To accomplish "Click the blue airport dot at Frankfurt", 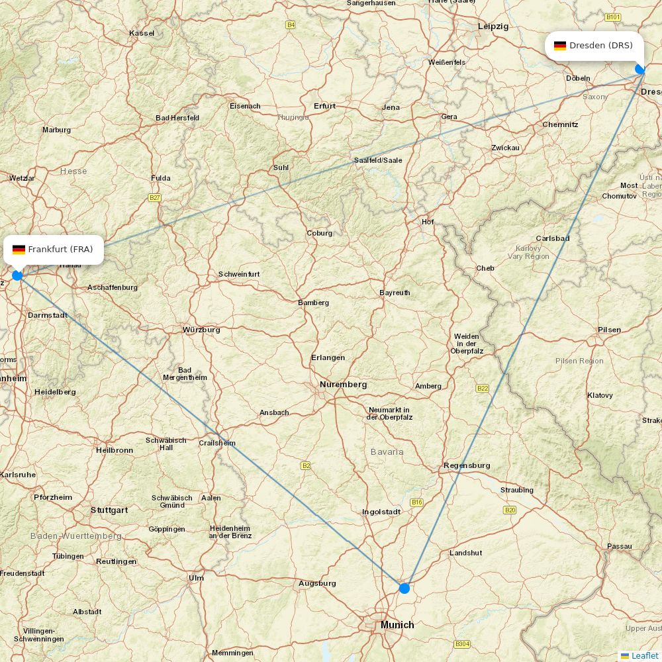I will pos(17,275).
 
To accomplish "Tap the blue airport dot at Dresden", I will pos(639,69).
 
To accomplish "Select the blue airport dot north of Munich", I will pos(404,588).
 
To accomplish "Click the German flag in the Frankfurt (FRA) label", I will pos(19,250).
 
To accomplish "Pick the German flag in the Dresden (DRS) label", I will pos(560,46).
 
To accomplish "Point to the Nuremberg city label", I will pos(343,385).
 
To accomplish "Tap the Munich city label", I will pos(397,625).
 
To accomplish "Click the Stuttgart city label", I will pos(109,510).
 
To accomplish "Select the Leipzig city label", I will pos(493,26).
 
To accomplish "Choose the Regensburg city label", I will pos(467,465).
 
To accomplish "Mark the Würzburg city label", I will pos(201,330).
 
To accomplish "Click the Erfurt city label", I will pos(325,106).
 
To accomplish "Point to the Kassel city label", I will pos(142,33).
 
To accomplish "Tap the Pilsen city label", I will pos(609,330).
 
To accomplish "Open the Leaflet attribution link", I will pos(644,655).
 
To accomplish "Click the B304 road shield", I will pos(462,644).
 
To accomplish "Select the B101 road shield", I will pos(613,17).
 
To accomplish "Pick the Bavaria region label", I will pos(387,451).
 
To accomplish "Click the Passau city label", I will pos(619,547).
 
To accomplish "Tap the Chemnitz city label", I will pos(560,124).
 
